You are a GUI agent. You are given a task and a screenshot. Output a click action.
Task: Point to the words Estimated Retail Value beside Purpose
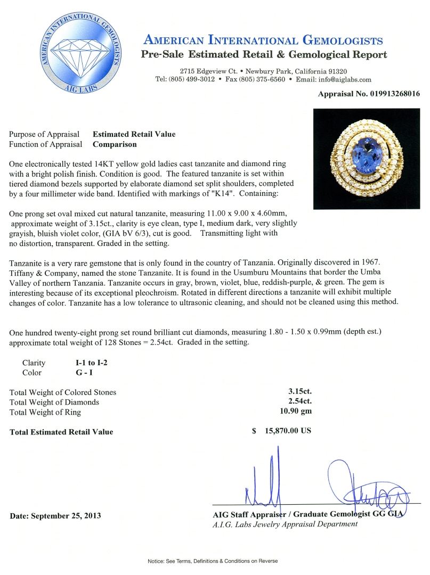coord(134,134)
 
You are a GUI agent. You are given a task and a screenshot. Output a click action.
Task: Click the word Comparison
coord(115,144)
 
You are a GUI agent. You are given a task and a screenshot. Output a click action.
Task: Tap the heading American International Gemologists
coord(263,40)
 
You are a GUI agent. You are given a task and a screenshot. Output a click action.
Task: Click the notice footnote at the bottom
coord(213,561)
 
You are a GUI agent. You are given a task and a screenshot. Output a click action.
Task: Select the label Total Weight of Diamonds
coord(54,402)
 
